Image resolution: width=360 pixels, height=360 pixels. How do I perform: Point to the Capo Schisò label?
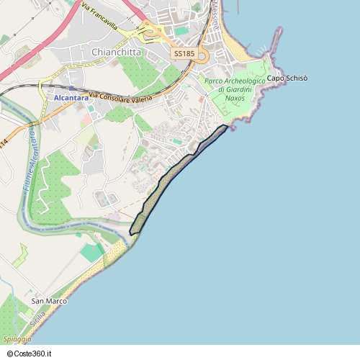(287, 78)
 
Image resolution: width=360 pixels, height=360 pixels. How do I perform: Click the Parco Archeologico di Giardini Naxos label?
(234, 89)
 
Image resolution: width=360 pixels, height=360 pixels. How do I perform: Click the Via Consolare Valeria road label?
(121, 97)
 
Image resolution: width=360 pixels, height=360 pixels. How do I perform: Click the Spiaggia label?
(17, 338)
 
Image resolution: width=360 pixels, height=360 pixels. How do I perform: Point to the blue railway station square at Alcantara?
(71, 89)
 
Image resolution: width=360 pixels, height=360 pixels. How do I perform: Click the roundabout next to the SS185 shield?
(203, 55)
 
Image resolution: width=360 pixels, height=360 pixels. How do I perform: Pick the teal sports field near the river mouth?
(91, 252)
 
